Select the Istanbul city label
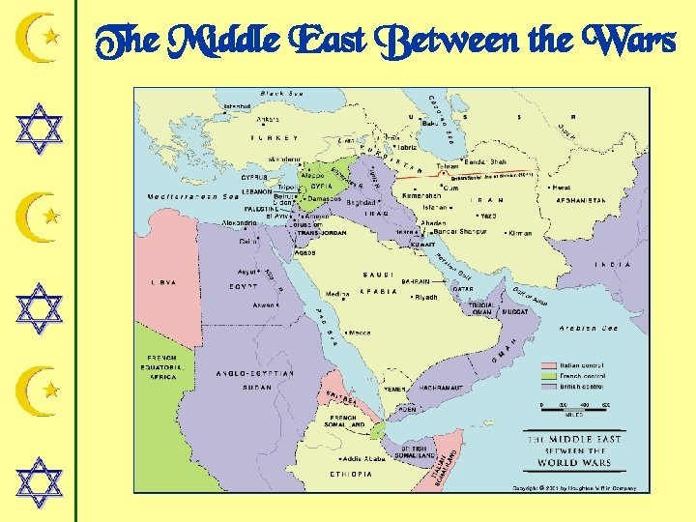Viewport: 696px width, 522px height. point(238,105)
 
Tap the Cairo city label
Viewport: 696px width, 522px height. point(248,242)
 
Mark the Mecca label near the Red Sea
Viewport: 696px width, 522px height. point(359,333)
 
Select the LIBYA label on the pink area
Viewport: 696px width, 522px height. point(162,282)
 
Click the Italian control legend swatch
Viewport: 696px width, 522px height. point(549,365)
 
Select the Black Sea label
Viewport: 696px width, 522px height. point(281,94)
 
